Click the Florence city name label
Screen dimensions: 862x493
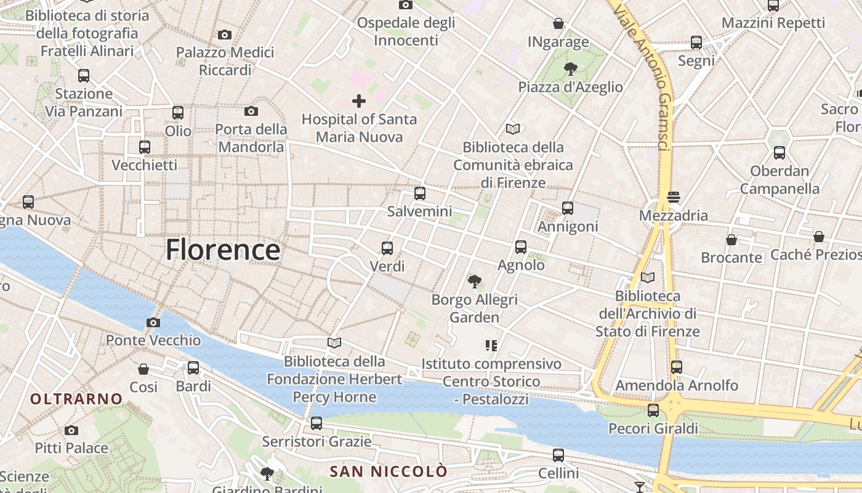pyautogui.click(x=223, y=250)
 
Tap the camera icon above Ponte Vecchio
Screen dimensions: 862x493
pyautogui.click(x=153, y=322)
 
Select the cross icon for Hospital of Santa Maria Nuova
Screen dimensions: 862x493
pyautogui.click(x=359, y=101)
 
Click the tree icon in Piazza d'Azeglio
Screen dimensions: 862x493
pyautogui.click(x=570, y=68)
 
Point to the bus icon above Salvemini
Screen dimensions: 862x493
pyautogui.click(x=420, y=194)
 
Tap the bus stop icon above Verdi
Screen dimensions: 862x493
pyautogui.click(x=387, y=248)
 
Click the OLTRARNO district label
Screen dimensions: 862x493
pyautogui.click(x=76, y=399)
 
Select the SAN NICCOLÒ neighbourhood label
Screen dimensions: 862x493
pyautogui.click(x=389, y=471)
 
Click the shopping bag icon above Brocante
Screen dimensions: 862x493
pyautogui.click(x=731, y=239)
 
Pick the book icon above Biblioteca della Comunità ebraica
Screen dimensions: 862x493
pyautogui.click(x=513, y=129)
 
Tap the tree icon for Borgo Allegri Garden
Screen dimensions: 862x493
pyautogui.click(x=474, y=282)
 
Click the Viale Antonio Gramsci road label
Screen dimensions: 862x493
pyautogui.click(x=644, y=77)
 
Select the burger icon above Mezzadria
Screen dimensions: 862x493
pyautogui.click(x=673, y=197)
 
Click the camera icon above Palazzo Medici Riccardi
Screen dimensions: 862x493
pyautogui.click(x=225, y=35)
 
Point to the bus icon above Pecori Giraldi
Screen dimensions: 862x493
pyautogui.click(x=653, y=410)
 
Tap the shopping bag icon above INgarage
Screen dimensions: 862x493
pyautogui.click(x=558, y=23)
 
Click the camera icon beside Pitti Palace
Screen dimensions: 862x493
pyautogui.click(x=71, y=430)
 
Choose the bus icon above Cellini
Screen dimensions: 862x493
pyautogui.click(x=558, y=455)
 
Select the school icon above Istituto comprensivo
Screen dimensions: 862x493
pyautogui.click(x=491, y=345)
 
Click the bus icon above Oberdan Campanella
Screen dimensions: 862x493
pyautogui.click(x=779, y=152)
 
